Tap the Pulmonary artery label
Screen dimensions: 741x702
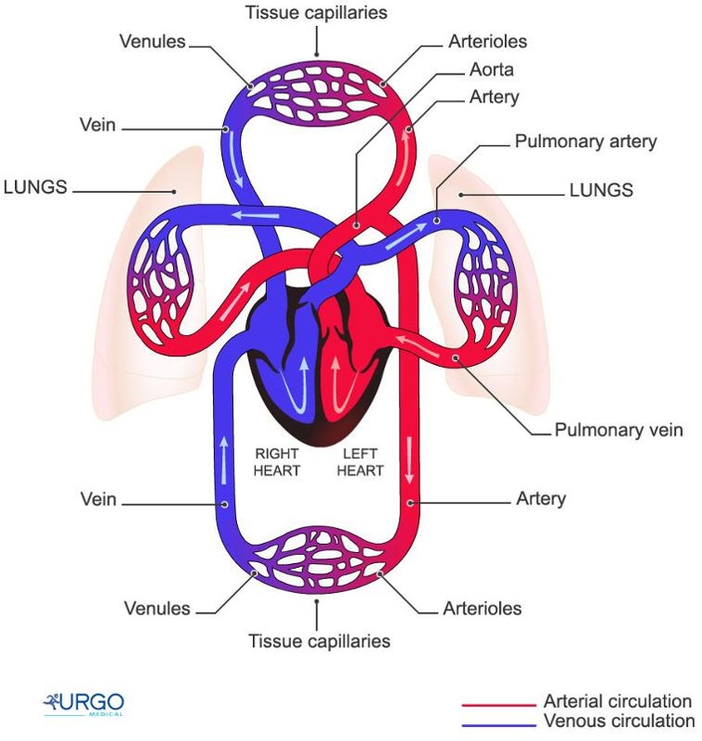coord(586,142)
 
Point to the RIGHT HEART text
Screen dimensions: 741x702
coord(278,462)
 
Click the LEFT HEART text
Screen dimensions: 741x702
coord(360,462)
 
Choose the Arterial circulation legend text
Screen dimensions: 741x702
coord(617,701)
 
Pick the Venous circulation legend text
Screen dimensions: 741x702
coord(618,721)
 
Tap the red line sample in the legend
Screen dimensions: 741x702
coord(498,705)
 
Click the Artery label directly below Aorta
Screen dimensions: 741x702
coord(495,97)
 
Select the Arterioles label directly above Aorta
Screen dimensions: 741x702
coord(487,42)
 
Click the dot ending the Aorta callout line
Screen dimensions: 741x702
coord(356,224)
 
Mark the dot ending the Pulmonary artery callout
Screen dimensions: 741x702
coord(437,222)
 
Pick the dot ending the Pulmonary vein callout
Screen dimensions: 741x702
coord(456,358)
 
